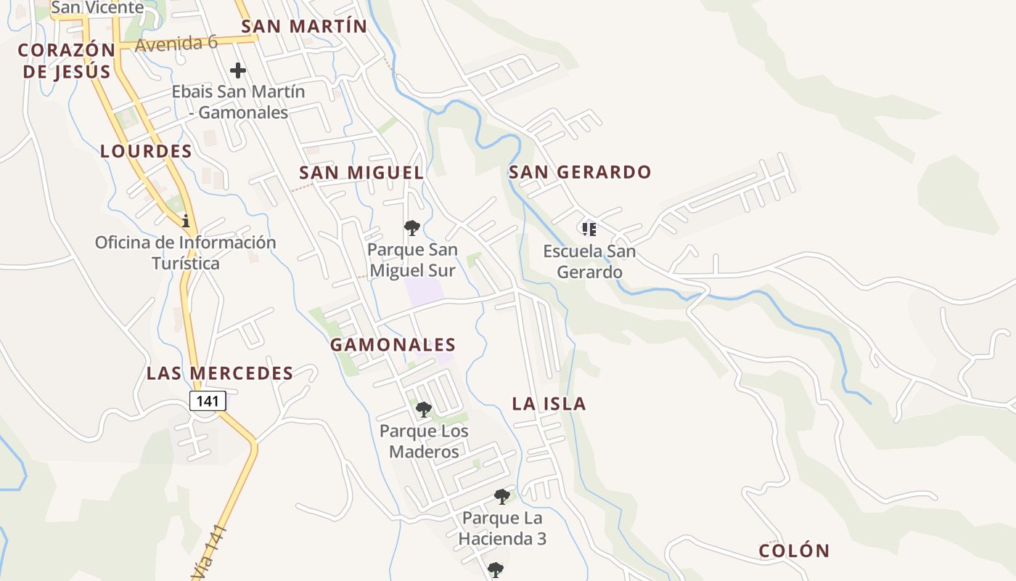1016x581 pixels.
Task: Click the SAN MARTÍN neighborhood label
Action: point(304,26)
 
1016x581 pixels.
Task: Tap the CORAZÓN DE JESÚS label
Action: point(67,60)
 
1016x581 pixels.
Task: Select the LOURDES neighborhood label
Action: point(146,151)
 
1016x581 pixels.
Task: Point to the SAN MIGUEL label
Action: point(361,172)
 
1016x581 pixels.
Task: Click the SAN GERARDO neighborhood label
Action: point(580,172)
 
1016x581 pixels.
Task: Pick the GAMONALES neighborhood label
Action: point(393,344)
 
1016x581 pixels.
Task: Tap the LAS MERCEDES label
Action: point(220,373)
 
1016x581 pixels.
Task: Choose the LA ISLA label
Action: point(549,404)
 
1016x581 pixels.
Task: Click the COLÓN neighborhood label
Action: point(794,550)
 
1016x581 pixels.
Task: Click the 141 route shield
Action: point(208,400)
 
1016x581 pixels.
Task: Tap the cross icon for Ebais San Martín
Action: point(238,70)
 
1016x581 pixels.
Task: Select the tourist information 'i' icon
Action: point(186,220)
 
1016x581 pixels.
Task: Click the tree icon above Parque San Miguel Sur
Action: point(412,228)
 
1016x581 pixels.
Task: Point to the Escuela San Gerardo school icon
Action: point(589,229)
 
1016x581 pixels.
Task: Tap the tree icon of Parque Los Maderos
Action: point(424,410)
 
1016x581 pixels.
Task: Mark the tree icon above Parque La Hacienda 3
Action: point(502,497)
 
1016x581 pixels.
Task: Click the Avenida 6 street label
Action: point(176,43)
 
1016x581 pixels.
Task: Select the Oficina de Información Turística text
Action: point(186,252)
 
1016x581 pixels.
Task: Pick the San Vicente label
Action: point(97,8)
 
